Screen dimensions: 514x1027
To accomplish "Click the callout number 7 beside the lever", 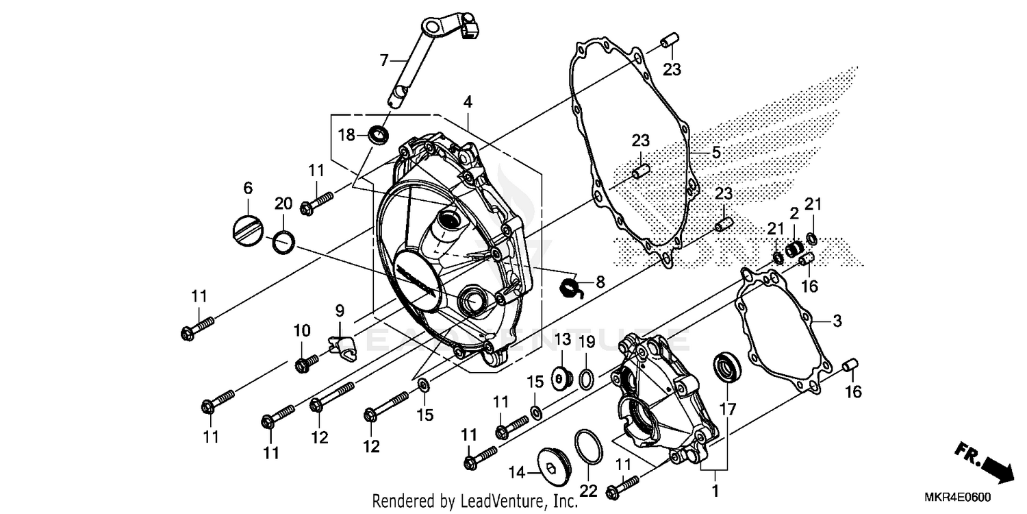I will coord(384,60).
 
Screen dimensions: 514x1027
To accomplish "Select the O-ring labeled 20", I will coord(284,241).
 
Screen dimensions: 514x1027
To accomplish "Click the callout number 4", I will coord(468,102).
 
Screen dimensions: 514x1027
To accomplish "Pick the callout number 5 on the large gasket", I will coord(715,152).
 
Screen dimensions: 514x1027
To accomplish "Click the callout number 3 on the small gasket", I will coord(837,321).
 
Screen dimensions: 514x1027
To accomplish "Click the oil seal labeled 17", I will coord(726,367).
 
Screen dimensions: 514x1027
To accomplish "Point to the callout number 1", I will coord(715,491).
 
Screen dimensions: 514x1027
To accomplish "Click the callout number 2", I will coord(794,214).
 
